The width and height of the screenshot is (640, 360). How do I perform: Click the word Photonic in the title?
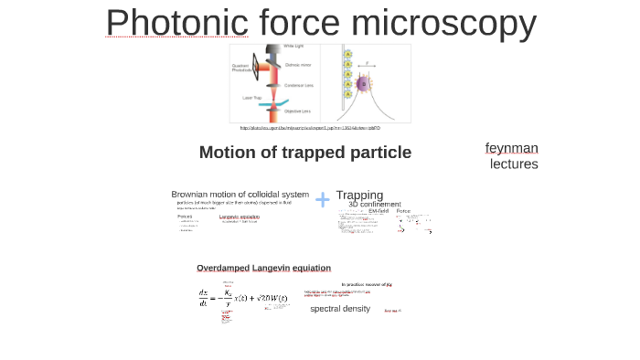(176, 24)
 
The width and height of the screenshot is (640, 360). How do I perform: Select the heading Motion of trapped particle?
(304, 153)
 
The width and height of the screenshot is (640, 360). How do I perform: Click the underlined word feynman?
(511, 148)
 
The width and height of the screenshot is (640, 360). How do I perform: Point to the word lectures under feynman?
(513, 164)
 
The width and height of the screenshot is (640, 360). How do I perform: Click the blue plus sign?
(323, 199)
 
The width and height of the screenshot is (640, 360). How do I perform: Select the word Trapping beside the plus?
(359, 195)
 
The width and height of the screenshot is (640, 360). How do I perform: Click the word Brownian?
(196, 195)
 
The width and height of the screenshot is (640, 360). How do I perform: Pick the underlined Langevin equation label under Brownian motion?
(239, 217)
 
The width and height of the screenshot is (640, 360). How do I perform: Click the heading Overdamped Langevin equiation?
(263, 268)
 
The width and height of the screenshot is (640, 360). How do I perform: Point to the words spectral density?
(340, 309)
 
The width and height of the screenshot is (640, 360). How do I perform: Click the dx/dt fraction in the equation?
(204, 298)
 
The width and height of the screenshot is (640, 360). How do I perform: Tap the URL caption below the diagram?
(310, 128)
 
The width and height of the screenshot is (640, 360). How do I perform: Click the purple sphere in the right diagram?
(362, 84)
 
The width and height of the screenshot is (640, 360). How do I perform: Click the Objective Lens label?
(297, 111)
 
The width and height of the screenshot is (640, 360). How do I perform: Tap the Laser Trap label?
(253, 98)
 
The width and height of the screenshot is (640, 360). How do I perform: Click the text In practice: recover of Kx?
(367, 285)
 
